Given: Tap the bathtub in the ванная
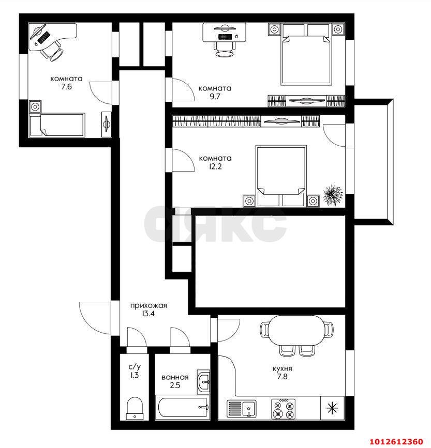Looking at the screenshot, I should click(183, 408).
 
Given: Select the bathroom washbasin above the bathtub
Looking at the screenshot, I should click(204, 382).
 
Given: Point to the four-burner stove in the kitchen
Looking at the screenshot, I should click(283, 408).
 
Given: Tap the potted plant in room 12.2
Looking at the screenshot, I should click(333, 195).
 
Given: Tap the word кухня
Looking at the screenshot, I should click(283, 369).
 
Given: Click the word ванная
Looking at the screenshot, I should click(174, 377).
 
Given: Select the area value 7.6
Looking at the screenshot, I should click(66, 87).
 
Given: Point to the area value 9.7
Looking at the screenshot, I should click(215, 97).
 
